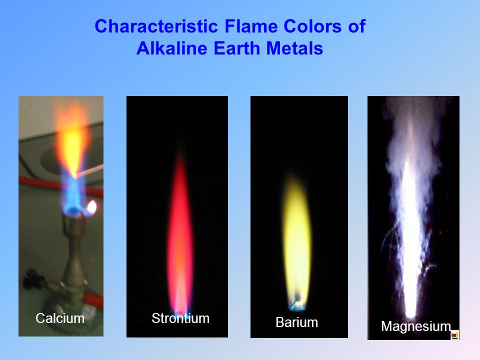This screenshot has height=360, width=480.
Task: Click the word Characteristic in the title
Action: pos(156,26)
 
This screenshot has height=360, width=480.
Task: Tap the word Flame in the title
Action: pos(251,26)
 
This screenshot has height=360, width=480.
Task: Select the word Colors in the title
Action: pos(312,26)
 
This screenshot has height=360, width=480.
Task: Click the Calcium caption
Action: pos(60,318)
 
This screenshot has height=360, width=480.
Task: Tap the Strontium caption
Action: pos(180,318)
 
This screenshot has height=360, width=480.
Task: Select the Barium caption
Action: pos(296,322)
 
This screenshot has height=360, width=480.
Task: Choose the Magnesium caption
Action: pos(416,326)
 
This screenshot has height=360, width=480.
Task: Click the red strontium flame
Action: pos(180,232)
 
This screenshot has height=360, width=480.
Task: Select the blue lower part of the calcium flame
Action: pos(73,196)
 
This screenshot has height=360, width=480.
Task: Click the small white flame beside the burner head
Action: pos(91,207)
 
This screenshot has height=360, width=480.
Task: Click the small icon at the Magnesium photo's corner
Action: pos(455,335)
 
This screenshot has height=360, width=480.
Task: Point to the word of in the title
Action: pos(356,26)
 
